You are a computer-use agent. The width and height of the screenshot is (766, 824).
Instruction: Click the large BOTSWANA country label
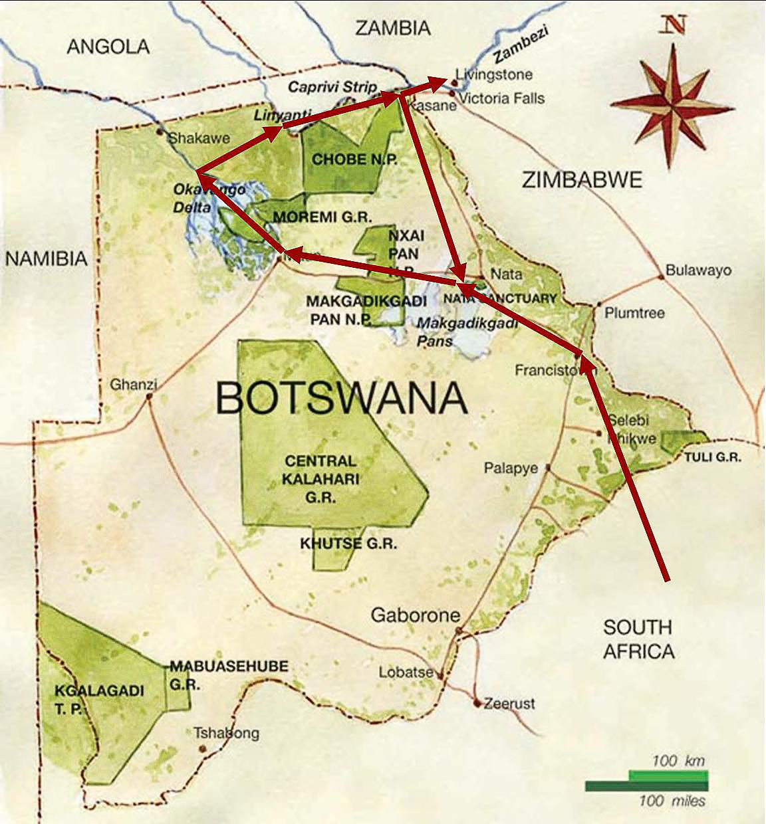pos(342,398)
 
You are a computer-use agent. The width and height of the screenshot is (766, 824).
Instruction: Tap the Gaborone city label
pos(415,615)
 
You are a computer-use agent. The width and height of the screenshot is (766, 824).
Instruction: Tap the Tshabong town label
pos(226,734)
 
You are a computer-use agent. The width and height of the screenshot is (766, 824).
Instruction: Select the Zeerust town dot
pos(477,703)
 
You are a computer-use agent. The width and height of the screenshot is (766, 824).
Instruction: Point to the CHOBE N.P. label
pos(345,159)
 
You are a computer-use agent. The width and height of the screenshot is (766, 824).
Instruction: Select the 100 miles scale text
pos(672,801)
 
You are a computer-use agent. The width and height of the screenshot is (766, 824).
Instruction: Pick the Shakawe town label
pos(199,138)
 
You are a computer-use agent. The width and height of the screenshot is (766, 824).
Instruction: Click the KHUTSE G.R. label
pos(348,544)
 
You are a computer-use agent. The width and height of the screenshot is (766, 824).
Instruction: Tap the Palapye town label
pos(511,468)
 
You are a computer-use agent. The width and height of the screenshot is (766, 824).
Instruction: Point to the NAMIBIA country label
pos(47,258)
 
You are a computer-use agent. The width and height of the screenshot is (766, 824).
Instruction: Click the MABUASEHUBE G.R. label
pos(229,674)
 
